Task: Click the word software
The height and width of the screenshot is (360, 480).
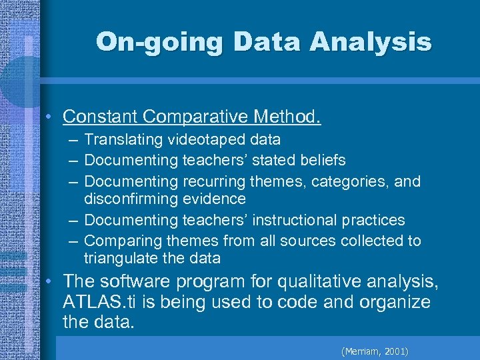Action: tap(147, 283)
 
